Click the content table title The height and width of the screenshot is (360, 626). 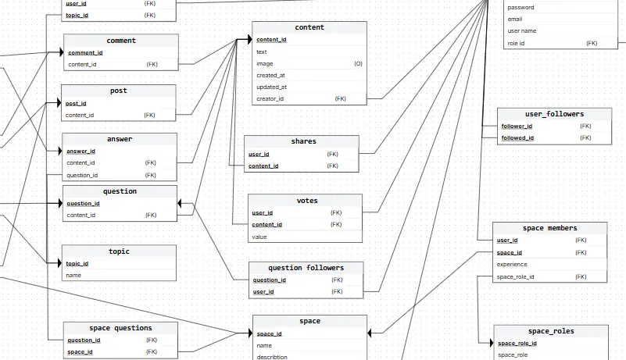pyautogui.click(x=309, y=27)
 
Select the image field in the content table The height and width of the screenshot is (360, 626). pyautogui.click(x=264, y=63)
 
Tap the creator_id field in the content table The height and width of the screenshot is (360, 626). pyautogui.click(x=270, y=98)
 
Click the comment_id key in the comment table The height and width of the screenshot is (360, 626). pyautogui.click(x=85, y=52)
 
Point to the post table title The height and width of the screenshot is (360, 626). pyautogui.click(x=119, y=91)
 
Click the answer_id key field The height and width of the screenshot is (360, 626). pyautogui.click(x=80, y=151)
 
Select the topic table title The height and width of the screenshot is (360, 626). pyautogui.click(x=119, y=251)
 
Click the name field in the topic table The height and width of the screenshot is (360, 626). pyautogui.click(x=73, y=275)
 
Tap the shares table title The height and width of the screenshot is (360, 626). pyautogui.click(x=303, y=141)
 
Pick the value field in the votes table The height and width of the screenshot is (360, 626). pyautogui.click(x=259, y=236)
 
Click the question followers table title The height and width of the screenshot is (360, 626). pyautogui.click(x=306, y=268)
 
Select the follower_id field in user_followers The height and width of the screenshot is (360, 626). pyautogui.click(x=517, y=126)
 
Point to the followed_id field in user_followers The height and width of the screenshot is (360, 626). pyautogui.click(x=517, y=137)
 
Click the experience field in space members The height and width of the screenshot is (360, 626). pyautogui.click(x=512, y=264)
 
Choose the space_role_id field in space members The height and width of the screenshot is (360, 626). pyautogui.click(x=516, y=276)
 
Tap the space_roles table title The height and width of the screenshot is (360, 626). pyautogui.click(x=551, y=331)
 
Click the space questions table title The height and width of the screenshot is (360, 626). pyautogui.click(x=120, y=328)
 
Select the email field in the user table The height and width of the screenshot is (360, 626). pyautogui.click(x=515, y=19)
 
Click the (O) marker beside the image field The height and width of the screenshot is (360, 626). pyautogui.click(x=358, y=63)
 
